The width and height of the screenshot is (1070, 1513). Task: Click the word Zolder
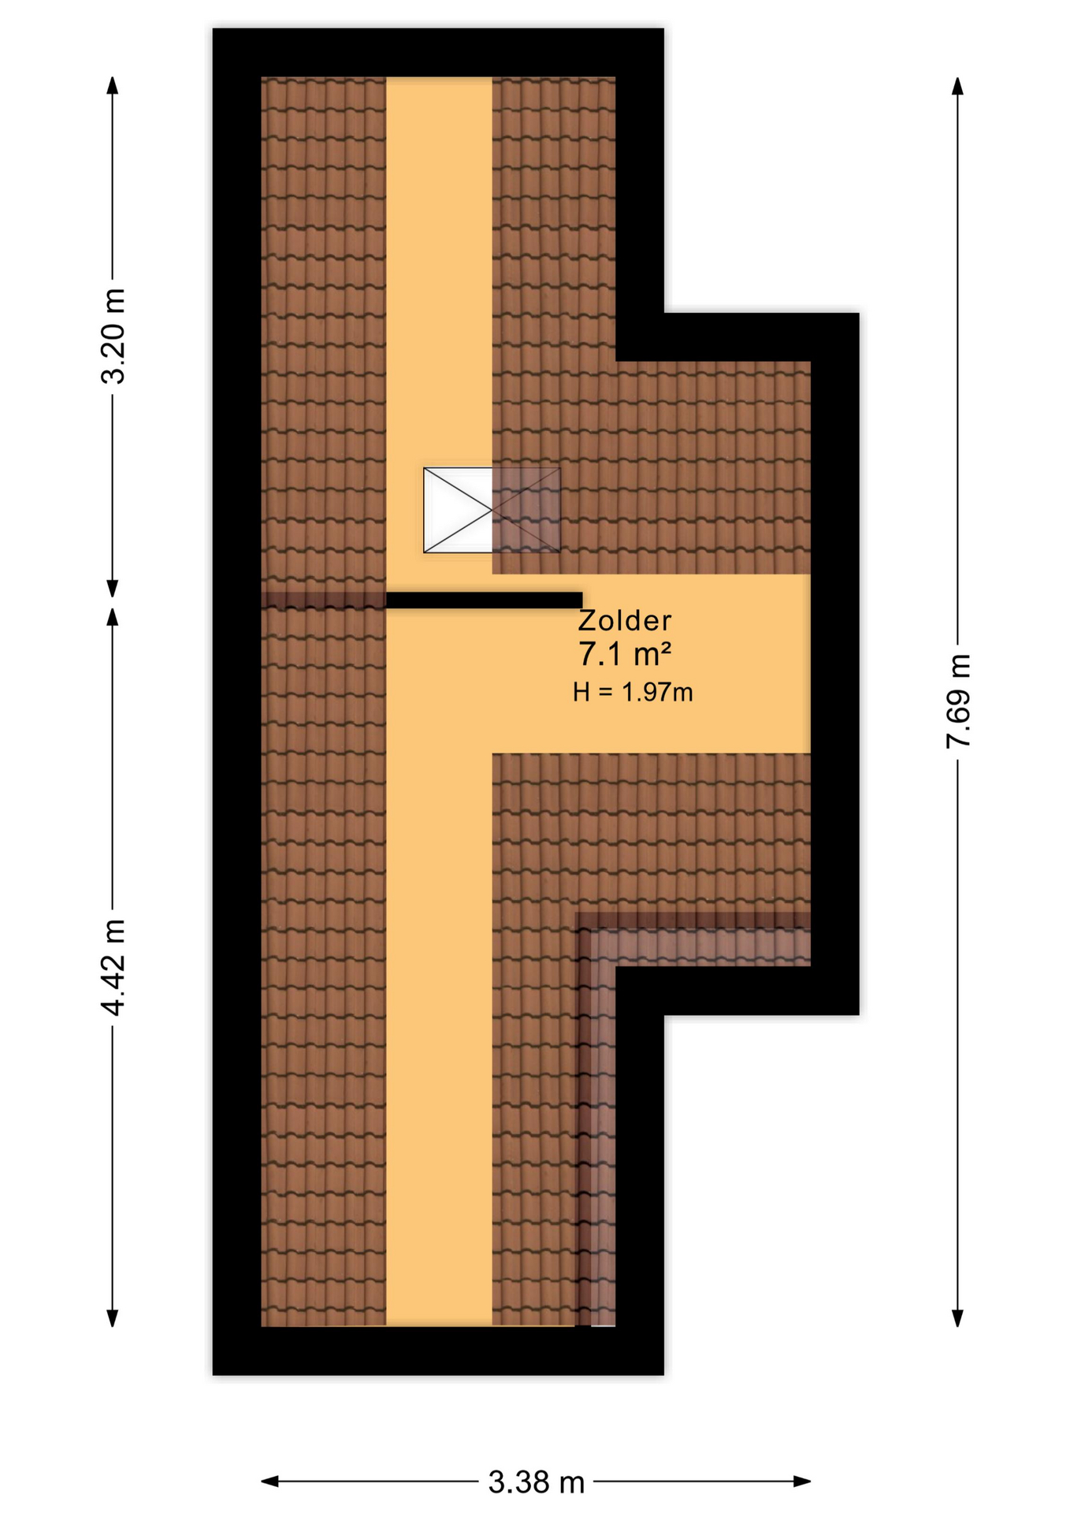624,621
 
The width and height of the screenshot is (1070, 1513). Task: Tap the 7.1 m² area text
625,654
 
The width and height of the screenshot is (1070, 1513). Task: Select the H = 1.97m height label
633,692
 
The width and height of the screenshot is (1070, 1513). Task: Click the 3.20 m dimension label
113,336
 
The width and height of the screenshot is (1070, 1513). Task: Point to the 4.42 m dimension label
113,968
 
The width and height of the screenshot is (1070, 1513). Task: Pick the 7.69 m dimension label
958,701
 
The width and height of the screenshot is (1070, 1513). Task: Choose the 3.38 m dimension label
536,1482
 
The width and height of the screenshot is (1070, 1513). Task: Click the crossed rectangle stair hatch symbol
492,510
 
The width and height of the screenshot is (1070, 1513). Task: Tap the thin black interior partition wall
484,600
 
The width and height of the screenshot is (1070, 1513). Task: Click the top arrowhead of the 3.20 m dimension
113,84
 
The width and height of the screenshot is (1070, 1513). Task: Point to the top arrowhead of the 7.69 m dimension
957,85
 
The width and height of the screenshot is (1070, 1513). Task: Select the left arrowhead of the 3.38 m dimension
269,1481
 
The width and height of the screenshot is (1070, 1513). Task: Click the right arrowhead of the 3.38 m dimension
802,1481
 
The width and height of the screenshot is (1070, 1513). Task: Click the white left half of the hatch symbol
458,510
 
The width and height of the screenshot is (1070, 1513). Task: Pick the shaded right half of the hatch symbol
526,510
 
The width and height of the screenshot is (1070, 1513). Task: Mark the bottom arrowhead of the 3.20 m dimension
113,589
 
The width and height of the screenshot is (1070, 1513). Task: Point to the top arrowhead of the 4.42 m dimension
113,617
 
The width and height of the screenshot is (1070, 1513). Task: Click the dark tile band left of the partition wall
323,600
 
